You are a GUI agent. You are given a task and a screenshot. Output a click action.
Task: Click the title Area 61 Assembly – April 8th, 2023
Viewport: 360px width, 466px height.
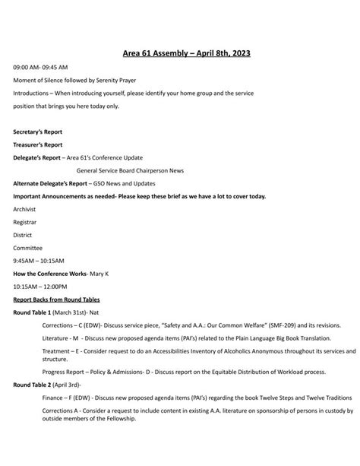pyautogui.click(x=186, y=53)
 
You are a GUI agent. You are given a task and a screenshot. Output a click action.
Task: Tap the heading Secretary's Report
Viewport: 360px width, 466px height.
pyautogui.click(x=38, y=132)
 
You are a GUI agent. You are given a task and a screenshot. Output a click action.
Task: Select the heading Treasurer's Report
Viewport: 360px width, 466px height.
pyautogui.click(x=38, y=144)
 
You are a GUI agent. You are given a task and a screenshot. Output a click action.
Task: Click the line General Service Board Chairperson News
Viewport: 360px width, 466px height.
pyautogui.click(x=130, y=170)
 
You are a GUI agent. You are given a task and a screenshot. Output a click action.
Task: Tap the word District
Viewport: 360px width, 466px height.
pyautogui.click(x=23, y=235)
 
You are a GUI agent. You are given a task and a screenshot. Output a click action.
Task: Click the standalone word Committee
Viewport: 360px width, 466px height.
pyautogui.click(x=27, y=248)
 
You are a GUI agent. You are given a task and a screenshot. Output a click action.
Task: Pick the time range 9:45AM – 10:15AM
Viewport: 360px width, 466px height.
pyautogui.click(x=38, y=261)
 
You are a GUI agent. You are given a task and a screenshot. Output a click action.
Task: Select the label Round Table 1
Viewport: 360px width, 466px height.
pyautogui.click(x=33, y=312)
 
